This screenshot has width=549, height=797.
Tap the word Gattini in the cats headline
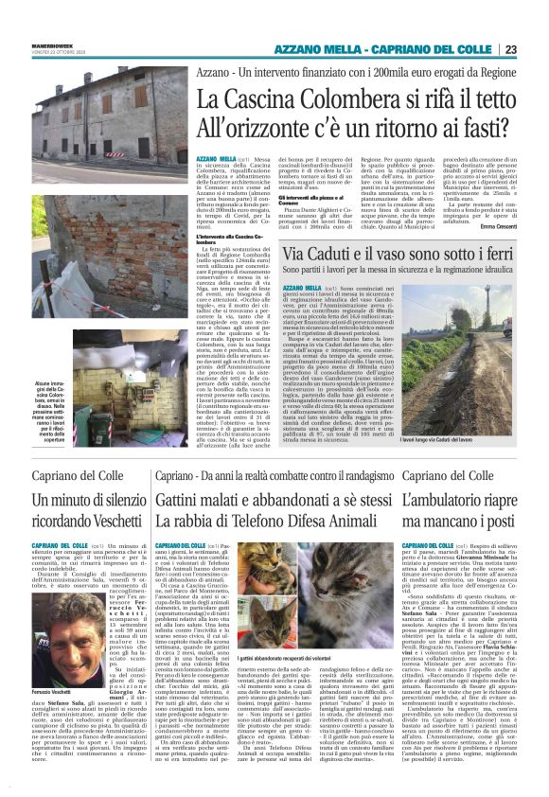click(x=186, y=499)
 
